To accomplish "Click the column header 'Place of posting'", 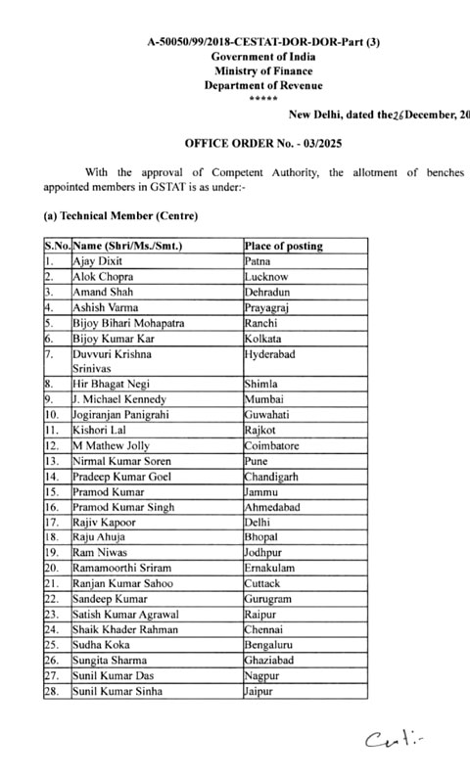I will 284,246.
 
